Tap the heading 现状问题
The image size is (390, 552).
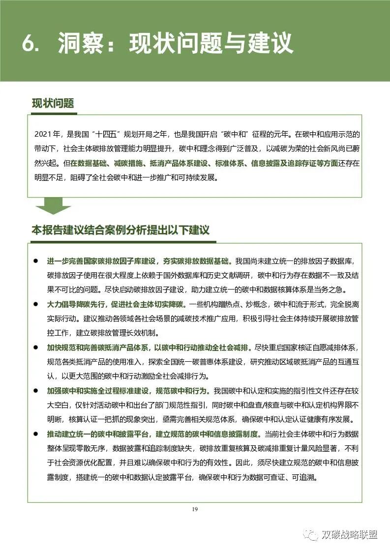click(x=53, y=103)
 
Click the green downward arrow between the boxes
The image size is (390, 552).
click(x=53, y=206)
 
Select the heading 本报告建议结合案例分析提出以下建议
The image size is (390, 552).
click(x=120, y=230)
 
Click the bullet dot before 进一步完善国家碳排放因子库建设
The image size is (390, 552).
click(x=36, y=260)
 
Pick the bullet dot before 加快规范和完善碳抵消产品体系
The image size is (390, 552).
click(x=36, y=348)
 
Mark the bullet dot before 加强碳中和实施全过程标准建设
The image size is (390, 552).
click(x=36, y=391)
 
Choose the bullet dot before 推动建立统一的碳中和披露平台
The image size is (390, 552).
click(x=36, y=435)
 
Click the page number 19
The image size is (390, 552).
click(x=195, y=509)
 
